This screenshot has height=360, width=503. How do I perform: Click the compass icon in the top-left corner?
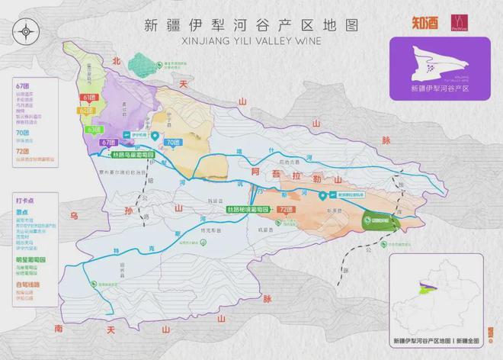(26, 31)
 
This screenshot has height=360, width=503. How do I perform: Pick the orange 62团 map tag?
(84, 111)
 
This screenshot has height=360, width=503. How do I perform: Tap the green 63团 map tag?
(95, 130)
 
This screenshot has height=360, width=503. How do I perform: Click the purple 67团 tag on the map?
(107, 143)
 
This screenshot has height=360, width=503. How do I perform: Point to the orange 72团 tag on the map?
(286, 208)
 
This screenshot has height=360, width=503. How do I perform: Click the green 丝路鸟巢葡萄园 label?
(139, 155)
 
